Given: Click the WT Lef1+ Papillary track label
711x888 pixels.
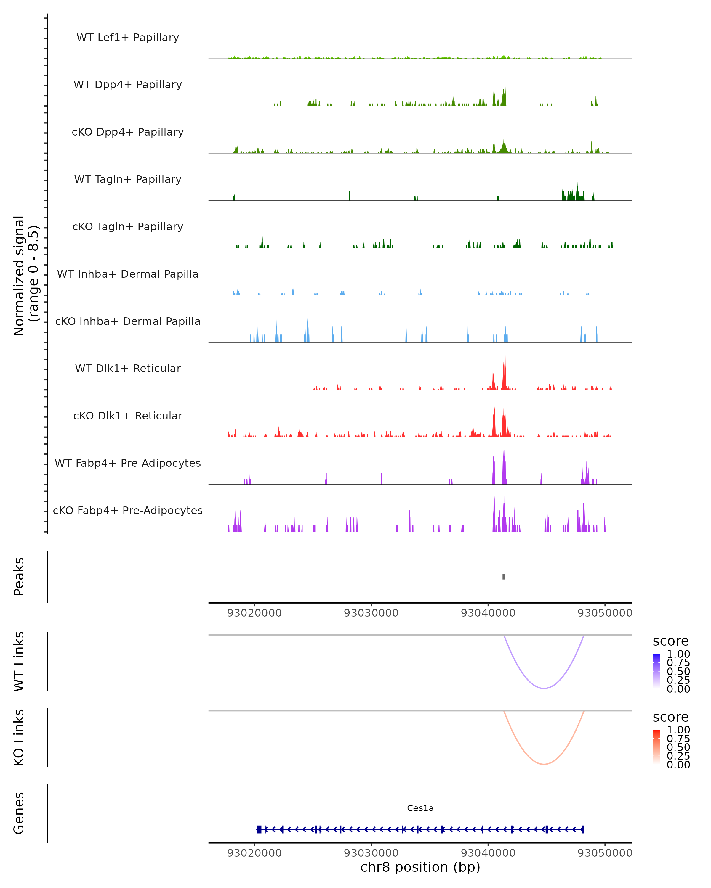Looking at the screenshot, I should click(128, 38).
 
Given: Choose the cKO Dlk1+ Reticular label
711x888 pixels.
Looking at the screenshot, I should click(128, 416).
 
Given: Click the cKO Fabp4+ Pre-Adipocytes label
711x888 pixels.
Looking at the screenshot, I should click(128, 510).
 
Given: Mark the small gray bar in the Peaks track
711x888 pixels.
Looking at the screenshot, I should click(504, 577).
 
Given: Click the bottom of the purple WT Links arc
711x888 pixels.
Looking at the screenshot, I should click(544, 688).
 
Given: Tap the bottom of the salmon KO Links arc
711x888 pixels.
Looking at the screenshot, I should click(544, 764).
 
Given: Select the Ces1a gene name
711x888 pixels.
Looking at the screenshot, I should click(420, 808).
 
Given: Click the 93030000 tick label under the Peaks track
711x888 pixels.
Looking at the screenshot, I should click(371, 613).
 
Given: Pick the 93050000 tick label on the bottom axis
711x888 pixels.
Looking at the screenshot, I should click(605, 853).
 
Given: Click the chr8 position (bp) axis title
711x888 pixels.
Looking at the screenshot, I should click(420, 867).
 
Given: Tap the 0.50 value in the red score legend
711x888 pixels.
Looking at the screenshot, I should click(678, 747).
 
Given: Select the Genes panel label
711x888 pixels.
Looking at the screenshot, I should click(19, 813).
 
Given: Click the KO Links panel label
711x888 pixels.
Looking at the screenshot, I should click(19, 737).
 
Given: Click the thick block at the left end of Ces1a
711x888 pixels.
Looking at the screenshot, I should click(259, 829).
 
